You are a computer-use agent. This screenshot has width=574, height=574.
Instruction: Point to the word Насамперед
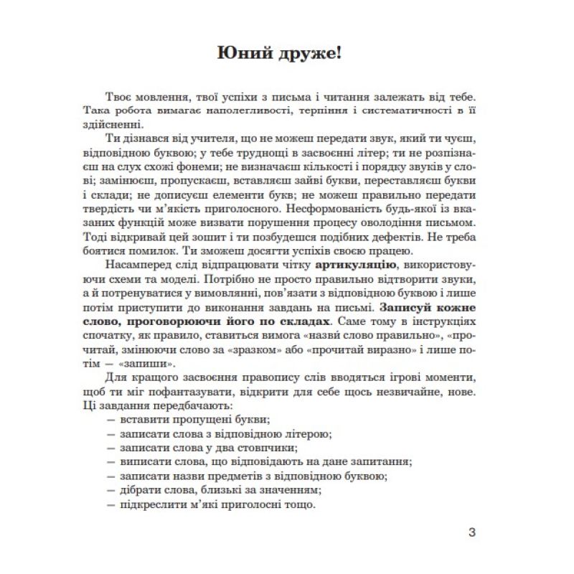134,265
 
